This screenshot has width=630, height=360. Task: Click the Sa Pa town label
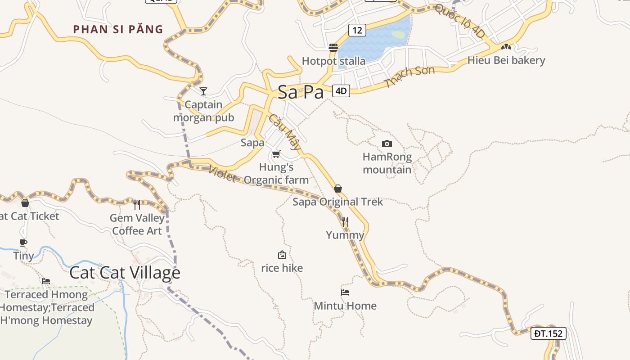pos(301,92)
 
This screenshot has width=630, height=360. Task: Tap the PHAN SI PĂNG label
pos(118,30)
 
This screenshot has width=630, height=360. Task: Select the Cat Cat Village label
pos(125,273)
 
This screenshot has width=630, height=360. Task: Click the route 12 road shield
pos(357,30)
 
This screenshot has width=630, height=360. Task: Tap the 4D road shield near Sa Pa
pos(341,91)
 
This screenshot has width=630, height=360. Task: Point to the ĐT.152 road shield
pos(548,333)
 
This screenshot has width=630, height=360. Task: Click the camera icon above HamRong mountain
pos(387,144)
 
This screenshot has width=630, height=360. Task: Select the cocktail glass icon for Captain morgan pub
pos(203,91)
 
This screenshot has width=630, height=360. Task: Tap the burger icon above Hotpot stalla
pos(333,47)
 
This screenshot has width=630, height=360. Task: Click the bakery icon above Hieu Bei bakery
pos(506,46)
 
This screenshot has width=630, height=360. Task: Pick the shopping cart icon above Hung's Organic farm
pos(276,154)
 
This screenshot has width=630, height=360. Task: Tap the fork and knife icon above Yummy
pos(345,221)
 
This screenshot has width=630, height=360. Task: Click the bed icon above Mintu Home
pos(345,292)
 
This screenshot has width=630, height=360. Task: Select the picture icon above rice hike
pos(282,255)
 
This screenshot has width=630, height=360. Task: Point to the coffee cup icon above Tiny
pos(23,243)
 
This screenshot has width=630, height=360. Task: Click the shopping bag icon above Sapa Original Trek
pos(338,189)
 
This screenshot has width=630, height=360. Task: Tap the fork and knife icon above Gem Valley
pos(137,205)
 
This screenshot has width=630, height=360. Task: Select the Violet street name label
pos(222,174)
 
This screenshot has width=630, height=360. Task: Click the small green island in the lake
pos(398,34)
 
